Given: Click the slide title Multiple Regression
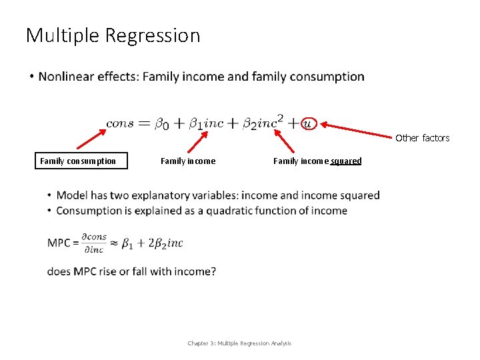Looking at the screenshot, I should click(113, 35).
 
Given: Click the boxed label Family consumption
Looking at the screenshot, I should click(78, 161).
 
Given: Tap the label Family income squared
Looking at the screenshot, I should click(317, 161).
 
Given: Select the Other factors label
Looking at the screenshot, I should click(422, 138).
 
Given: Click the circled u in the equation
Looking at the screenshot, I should click(307, 123).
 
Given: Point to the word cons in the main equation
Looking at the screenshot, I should click(120, 123).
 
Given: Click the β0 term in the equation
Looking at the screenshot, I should click(163, 123).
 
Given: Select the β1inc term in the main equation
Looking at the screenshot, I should click(206, 123).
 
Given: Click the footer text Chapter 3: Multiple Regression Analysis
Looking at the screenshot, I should click(239, 343).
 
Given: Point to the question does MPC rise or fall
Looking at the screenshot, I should click(131, 271).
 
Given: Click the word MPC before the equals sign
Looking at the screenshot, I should click(59, 243).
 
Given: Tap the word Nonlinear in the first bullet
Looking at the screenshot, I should click(67, 77).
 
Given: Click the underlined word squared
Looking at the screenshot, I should click(346, 161).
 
